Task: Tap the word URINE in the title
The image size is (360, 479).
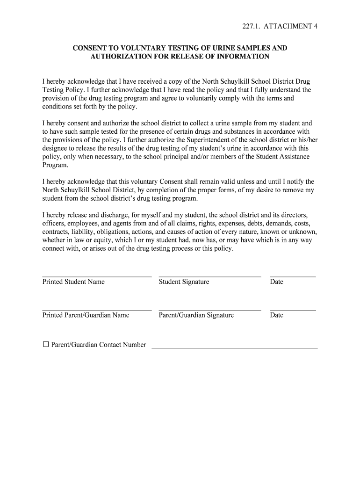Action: click(202, 48)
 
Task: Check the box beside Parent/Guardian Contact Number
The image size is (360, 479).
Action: click(46, 344)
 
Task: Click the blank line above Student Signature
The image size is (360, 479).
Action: click(209, 276)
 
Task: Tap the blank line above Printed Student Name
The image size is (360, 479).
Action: click(97, 276)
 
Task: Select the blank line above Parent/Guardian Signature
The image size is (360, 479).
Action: click(209, 310)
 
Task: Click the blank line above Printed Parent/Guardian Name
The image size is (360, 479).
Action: click(97, 310)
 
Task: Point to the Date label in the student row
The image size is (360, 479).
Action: click(276, 282)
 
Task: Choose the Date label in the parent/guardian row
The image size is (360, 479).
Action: click(276, 315)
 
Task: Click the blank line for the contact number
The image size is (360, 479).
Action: click(235, 348)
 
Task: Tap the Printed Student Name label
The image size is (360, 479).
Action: click(73, 282)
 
